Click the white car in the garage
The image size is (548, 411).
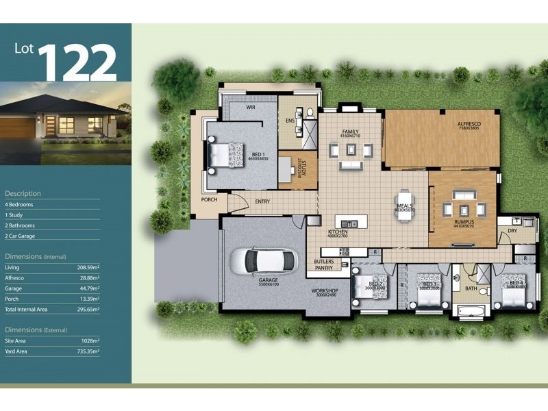click(x=263, y=260)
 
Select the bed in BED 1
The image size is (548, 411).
click(x=225, y=154)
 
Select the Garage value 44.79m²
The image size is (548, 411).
click(x=88, y=288)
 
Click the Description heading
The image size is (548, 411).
click(x=23, y=194)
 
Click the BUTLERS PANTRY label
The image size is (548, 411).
click(x=324, y=264)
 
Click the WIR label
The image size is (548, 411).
click(x=251, y=107)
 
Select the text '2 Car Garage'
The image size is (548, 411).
click(x=20, y=236)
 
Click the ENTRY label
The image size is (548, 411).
click(x=262, y=201)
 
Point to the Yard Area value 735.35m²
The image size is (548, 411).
click(x=87, y=351)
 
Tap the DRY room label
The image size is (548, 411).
click(x=512, y=231)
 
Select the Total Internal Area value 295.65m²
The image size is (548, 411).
click(x=87, y=310)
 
